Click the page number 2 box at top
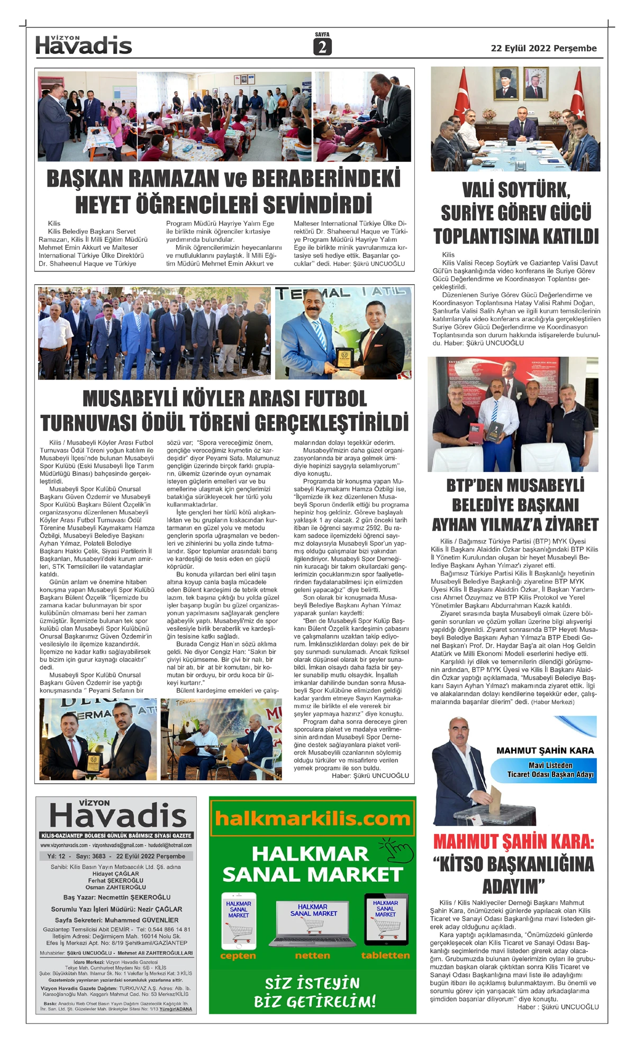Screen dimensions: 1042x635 [322, 47]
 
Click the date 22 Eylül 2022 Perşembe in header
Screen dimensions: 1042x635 [543, 48]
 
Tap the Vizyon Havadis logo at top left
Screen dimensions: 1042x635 [84, 46]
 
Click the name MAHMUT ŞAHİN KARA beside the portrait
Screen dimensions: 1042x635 [545, 750]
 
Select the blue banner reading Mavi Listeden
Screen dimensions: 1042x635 [550, 765]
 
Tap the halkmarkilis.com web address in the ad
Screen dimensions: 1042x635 [312, 819]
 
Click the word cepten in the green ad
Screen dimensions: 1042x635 [238, 955]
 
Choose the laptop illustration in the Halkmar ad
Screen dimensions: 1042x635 [313, 923]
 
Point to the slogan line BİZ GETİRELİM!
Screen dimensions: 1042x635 [315, 1002]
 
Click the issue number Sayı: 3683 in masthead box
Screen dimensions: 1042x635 [91, 856]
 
